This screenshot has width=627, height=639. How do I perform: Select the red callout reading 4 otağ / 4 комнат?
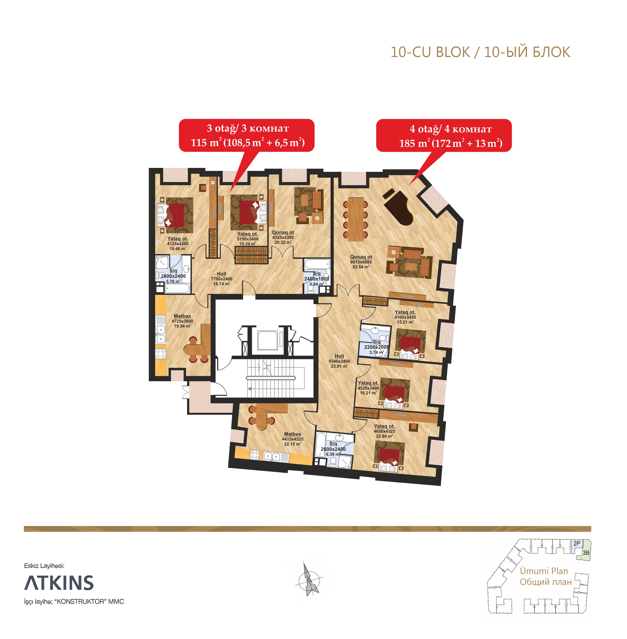click(444, 135)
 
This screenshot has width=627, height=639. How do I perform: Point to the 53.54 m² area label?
click(361, 267)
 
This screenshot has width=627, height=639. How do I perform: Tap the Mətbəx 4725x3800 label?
click(182, 321)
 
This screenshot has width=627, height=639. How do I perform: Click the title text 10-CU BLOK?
click(430, 52)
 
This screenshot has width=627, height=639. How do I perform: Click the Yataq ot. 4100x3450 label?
click(405, 317)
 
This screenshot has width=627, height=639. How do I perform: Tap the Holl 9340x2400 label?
click(339, 361)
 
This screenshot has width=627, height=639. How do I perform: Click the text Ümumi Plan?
click(544, 571)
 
